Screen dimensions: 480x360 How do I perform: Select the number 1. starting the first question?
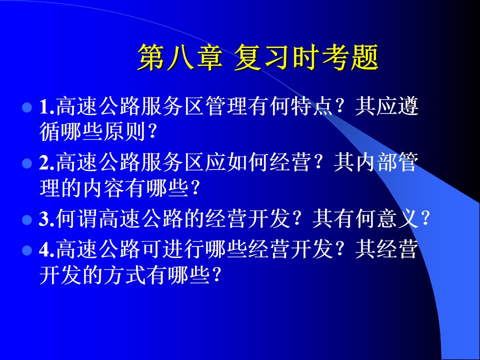pos(47,107)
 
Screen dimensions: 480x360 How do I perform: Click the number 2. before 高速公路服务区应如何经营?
pos(47,162)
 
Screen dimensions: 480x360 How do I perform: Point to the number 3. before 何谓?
pos(47,219)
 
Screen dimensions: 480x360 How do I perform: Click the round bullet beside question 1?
pos(27,107)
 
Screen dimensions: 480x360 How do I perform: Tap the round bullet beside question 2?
pos(27,163)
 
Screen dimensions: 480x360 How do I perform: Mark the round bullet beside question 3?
pos(27,220)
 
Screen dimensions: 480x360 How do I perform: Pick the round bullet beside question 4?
pos(27,250)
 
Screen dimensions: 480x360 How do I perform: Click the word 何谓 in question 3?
pos(77,218)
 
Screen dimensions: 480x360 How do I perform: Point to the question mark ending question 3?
pos(425,219)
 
